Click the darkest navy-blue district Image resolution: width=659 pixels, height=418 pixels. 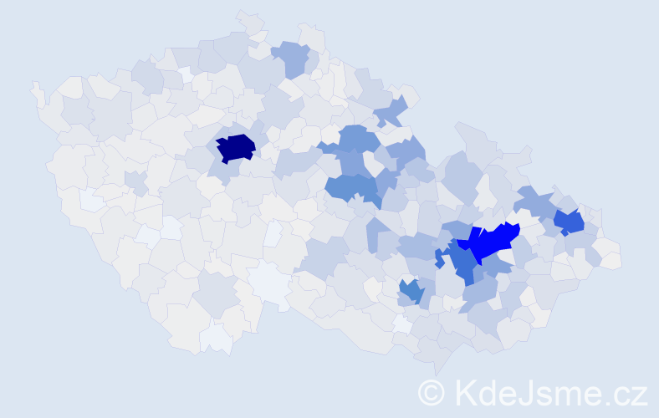236,148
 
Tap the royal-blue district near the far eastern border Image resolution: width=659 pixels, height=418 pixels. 570,222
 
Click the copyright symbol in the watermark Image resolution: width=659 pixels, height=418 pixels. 432,391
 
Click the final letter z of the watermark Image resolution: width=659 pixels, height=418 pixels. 641,394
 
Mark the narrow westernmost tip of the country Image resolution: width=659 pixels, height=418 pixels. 35,87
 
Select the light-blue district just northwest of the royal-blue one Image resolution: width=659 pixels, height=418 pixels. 533,201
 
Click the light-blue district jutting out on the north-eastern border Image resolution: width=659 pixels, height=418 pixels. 391,110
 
